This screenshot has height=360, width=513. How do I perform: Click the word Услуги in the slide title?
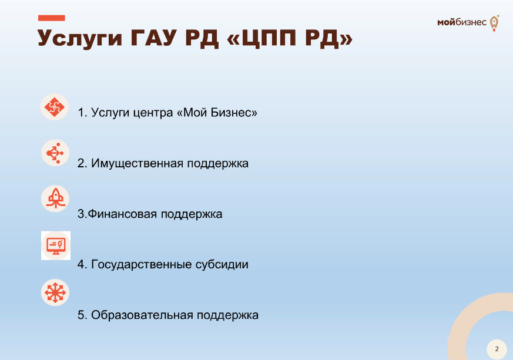(80, 39)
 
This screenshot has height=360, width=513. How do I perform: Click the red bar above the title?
(51, 18)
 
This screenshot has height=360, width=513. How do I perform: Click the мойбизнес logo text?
(462, 22)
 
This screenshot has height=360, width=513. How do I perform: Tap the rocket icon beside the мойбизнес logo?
(494, 23)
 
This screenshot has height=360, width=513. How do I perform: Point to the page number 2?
(497, 349)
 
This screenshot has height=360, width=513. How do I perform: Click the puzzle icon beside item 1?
(54, 107)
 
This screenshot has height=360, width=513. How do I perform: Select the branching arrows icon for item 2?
(55, 153)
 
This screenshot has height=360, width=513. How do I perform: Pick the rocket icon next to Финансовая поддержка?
(55, 198)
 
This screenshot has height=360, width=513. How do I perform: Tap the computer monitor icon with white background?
(56, 245)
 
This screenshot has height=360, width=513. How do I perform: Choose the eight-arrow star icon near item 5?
(55, 292)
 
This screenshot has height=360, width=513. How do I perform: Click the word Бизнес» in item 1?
(234, 113)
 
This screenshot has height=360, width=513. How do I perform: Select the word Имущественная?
(137, 163)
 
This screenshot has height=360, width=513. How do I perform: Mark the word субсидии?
(222, 264)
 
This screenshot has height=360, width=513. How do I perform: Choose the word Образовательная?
(142, 315)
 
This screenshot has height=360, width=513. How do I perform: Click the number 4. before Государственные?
(82, 264)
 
